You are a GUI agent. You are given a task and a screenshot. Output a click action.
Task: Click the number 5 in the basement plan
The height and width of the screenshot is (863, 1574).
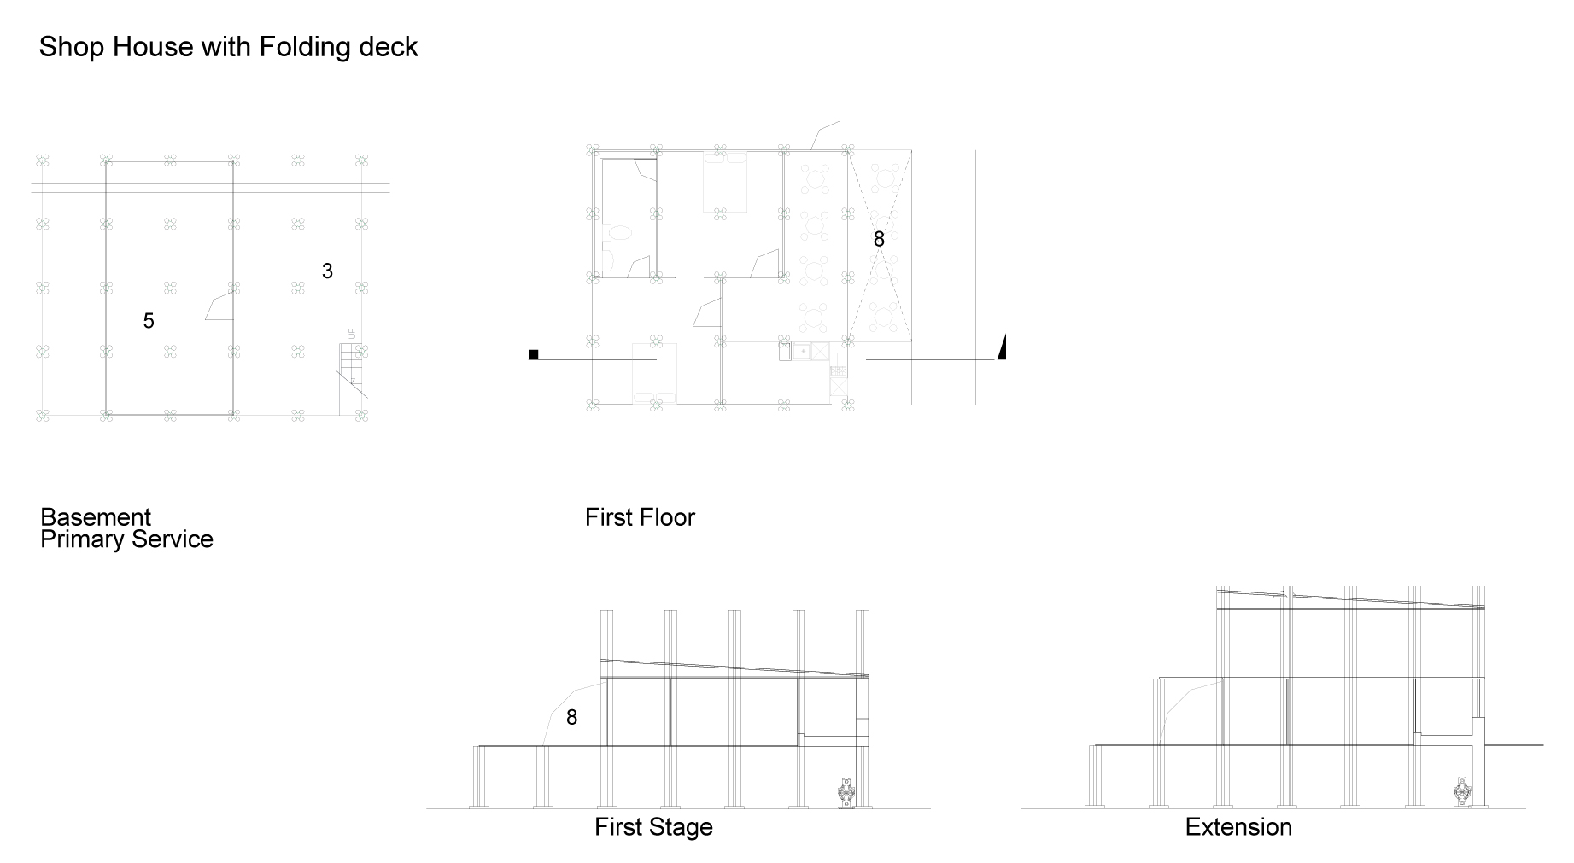149,321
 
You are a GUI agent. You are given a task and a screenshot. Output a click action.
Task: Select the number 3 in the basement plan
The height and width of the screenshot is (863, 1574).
327,271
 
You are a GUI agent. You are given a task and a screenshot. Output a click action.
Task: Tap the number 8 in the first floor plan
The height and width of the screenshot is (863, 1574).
879,240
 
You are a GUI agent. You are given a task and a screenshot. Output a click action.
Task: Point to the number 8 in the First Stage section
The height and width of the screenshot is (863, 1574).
571,718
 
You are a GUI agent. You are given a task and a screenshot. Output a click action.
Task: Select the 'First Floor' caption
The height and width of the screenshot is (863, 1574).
640,517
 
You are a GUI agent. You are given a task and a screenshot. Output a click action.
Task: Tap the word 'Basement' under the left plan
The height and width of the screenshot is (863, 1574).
96,517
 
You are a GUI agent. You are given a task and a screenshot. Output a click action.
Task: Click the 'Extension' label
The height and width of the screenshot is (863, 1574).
1238,827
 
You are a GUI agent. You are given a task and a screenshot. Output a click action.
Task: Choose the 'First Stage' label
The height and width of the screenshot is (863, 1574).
653,827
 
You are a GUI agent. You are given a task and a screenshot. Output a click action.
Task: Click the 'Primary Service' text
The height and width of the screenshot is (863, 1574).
126,539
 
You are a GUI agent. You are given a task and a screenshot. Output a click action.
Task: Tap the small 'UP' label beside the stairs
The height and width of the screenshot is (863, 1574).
351,334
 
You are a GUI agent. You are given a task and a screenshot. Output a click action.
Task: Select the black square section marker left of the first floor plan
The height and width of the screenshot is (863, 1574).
534,355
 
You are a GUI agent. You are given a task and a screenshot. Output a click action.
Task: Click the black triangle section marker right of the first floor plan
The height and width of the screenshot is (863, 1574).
1003,348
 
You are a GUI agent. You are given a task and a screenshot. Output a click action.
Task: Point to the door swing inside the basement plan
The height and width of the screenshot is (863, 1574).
219,306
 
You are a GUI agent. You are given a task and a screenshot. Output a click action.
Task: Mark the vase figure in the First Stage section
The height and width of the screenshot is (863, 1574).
846,792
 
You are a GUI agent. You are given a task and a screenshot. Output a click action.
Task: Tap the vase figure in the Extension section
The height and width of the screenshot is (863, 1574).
1462,791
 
